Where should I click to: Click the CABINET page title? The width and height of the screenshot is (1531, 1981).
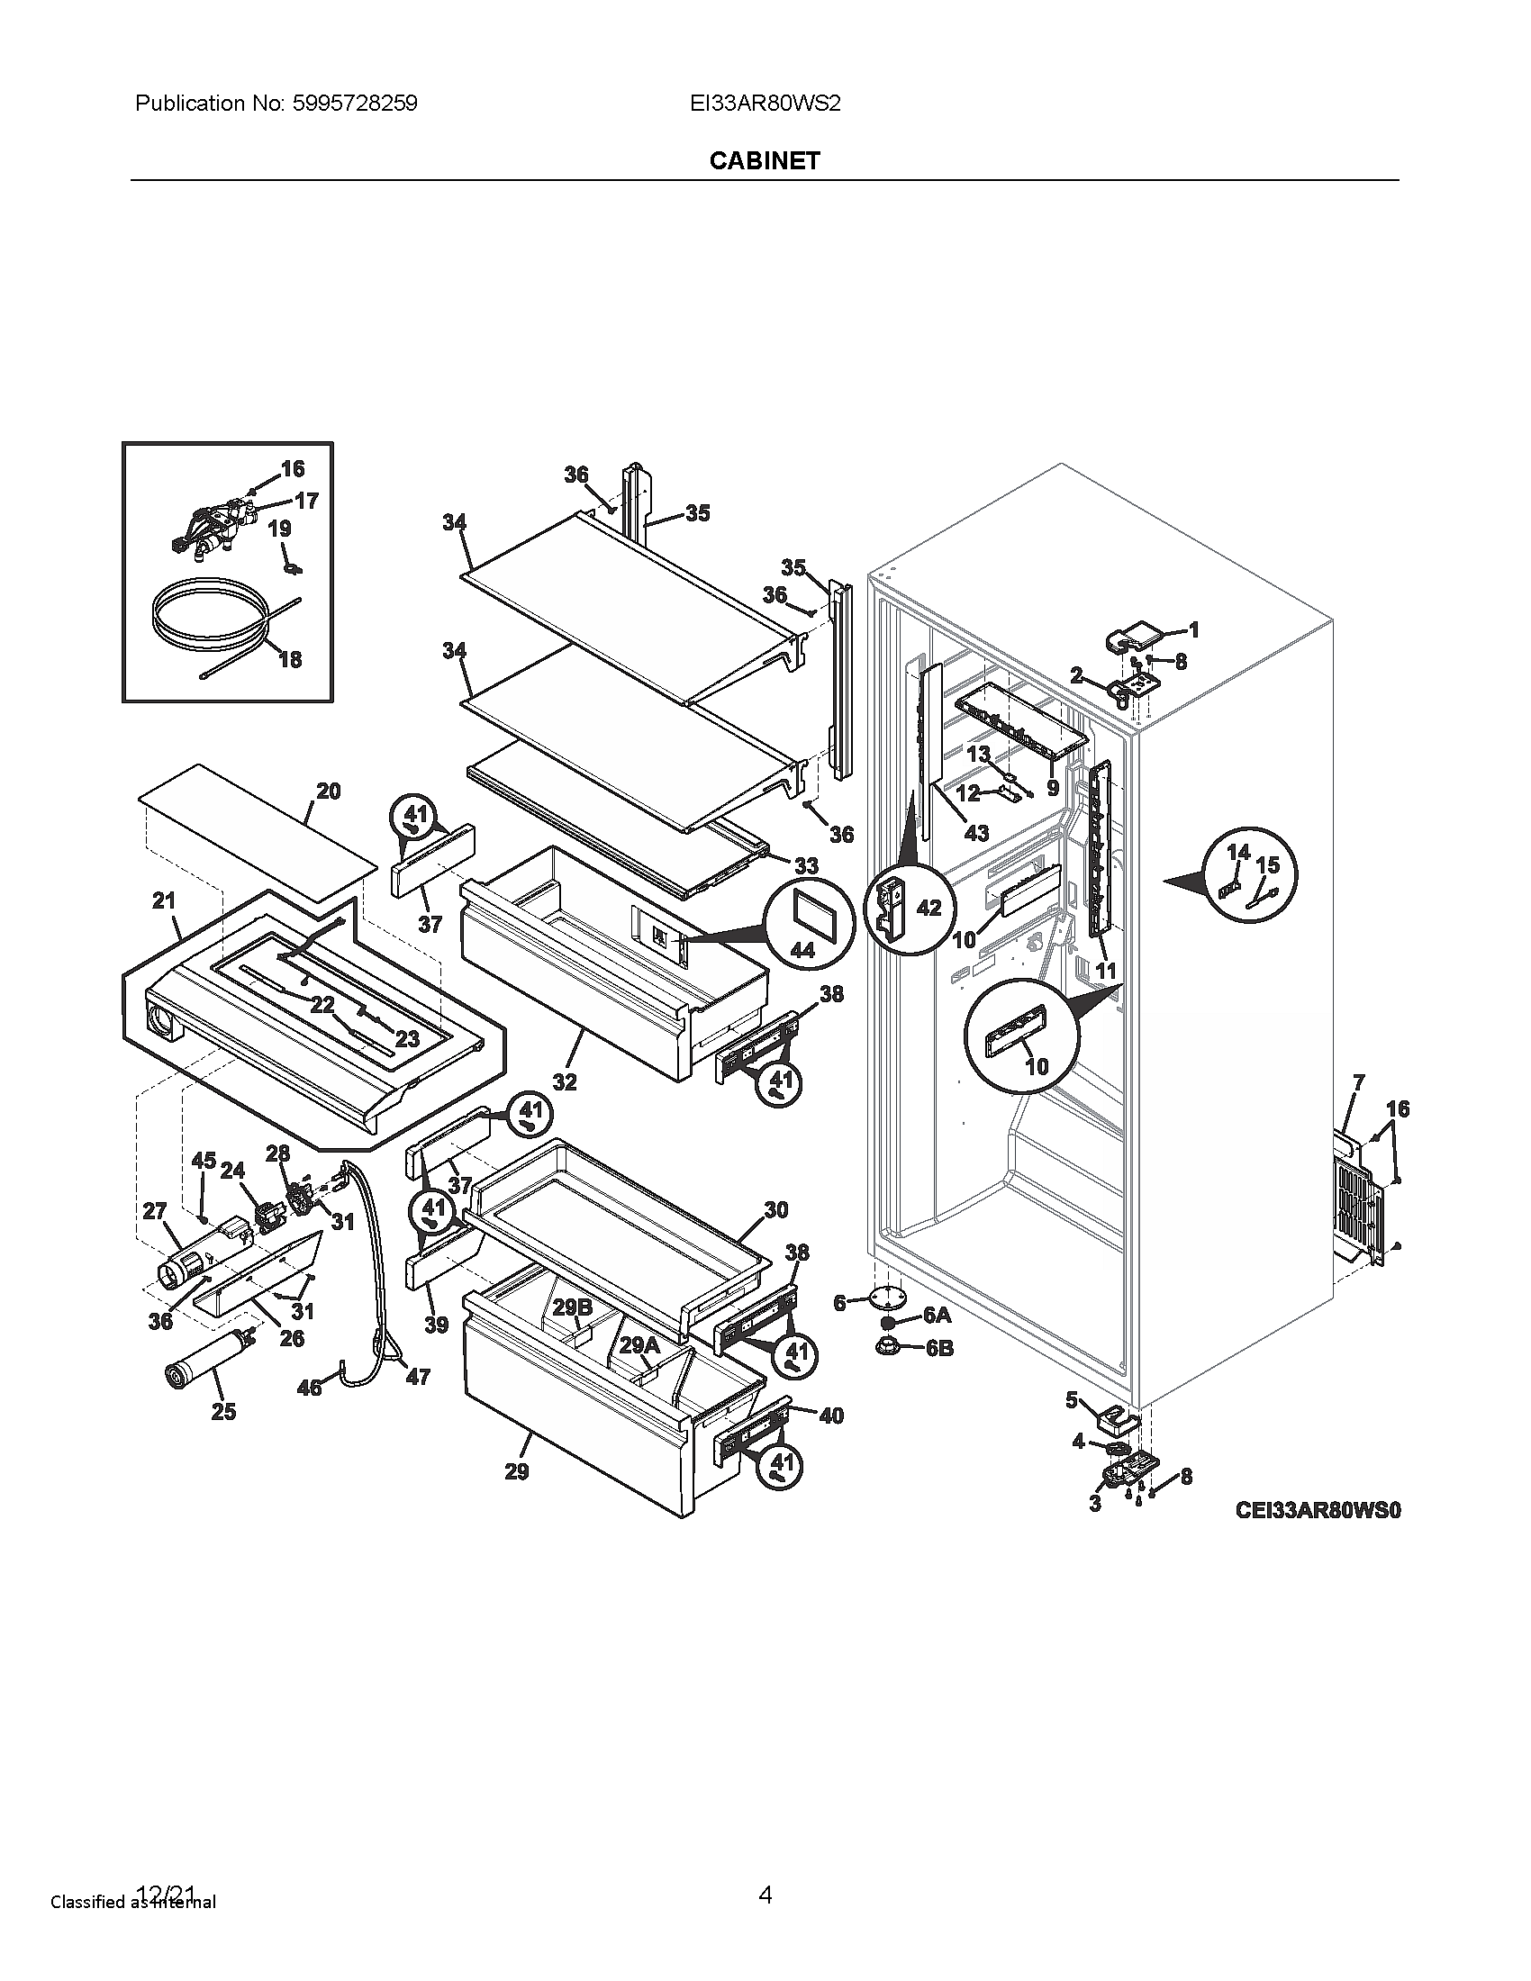765,160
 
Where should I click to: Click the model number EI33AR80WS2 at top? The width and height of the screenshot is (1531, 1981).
765,104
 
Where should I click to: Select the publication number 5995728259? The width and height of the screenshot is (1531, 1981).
355,104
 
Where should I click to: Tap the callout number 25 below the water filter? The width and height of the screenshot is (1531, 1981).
223,1411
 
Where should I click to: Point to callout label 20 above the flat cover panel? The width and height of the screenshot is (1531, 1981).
329,791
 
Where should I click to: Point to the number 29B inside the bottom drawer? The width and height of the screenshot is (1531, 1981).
572,1307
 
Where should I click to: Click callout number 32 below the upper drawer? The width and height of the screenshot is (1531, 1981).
565,1081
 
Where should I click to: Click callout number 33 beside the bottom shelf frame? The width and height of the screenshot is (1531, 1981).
806,865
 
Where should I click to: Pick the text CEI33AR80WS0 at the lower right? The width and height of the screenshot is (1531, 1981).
1318,1510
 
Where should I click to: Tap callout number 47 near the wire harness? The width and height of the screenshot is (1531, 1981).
417,1377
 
